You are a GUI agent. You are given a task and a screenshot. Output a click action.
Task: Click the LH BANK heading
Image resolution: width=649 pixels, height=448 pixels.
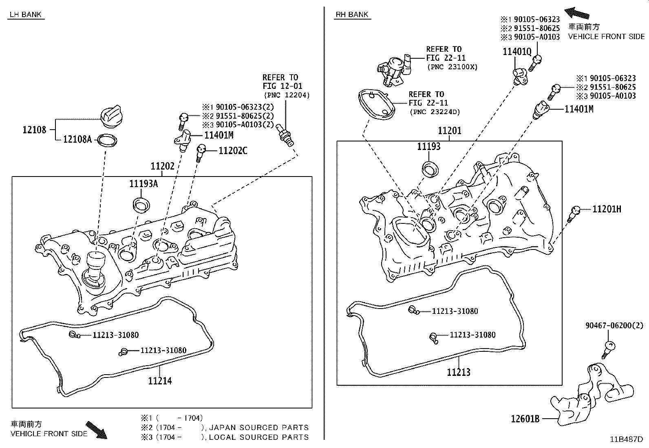[25, 15]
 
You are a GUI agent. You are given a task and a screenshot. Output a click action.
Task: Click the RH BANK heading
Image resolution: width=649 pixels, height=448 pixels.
[352, 15]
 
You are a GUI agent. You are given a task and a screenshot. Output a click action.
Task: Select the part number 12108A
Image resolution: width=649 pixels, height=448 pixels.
[77, 139]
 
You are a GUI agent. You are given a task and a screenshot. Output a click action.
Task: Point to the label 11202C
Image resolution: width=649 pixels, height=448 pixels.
[233, 151]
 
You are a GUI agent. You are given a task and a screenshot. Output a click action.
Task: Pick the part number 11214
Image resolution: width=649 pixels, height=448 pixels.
[160, 381]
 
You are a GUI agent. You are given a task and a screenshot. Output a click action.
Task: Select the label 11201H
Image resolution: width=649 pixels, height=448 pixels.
[607, 209]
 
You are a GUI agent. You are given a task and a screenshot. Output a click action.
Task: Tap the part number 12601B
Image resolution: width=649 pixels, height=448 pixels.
[525, 418]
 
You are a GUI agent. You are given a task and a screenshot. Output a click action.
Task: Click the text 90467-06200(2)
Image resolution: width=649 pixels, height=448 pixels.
[614, 325]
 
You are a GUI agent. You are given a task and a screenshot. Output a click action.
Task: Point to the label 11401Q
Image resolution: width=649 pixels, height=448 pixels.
[517, 52]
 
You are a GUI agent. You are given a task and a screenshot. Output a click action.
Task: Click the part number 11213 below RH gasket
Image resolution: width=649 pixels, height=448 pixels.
[459, 372]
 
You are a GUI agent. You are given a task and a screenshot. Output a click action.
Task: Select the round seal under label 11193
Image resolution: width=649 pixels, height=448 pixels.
[429, 169]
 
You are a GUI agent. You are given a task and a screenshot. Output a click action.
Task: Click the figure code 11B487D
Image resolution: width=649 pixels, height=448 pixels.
[626, 439]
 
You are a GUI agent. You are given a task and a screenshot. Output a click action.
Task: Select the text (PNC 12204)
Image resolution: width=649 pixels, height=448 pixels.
[287, 95]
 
